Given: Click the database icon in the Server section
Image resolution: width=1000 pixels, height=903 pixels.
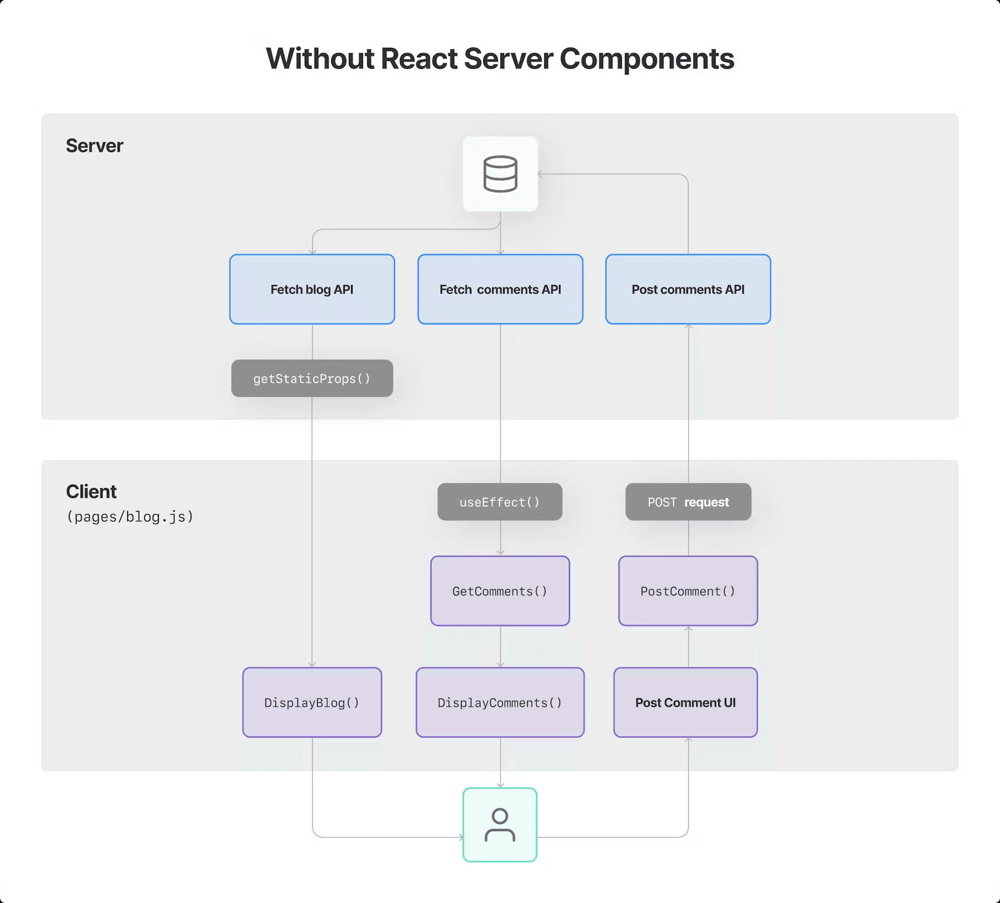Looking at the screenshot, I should coord(500,174).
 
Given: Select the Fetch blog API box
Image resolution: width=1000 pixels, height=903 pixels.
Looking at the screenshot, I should coord(312,289).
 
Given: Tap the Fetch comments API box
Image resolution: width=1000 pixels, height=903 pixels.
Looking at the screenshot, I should coord(500,289).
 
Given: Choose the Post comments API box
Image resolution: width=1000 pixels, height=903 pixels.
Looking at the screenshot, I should coord(688,289).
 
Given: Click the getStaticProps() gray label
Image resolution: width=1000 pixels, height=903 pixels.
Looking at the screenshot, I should coord(312,378).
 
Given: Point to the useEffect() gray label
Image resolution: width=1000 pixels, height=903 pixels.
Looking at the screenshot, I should coord(499,502).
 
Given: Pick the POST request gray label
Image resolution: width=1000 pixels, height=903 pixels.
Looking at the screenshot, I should coord(688,502).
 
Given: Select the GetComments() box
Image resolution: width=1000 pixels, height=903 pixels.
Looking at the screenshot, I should coord(500,591).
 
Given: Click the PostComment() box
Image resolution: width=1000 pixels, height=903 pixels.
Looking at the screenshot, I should coord(688,591).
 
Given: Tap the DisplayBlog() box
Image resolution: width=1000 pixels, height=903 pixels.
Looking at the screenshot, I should coord(312,702).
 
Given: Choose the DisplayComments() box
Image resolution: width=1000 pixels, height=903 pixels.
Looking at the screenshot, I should coord(500,702).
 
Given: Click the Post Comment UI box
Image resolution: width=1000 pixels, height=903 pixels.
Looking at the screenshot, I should coord(685,702).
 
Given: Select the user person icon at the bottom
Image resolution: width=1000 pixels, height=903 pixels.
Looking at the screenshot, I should coord(500,825).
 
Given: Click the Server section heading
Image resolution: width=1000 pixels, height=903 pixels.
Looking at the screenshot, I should coord(94,146).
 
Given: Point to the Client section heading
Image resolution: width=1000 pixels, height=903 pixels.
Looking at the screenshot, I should coord(91,491).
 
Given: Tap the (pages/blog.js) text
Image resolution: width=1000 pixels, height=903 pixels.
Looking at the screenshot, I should coord(130,516).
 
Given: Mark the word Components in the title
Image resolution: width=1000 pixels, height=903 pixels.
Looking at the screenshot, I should coord(646,59).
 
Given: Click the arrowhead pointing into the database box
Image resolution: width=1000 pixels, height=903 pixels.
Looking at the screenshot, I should coord(541,174).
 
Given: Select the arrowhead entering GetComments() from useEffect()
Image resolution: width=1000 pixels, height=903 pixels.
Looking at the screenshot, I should coord(501,552).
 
